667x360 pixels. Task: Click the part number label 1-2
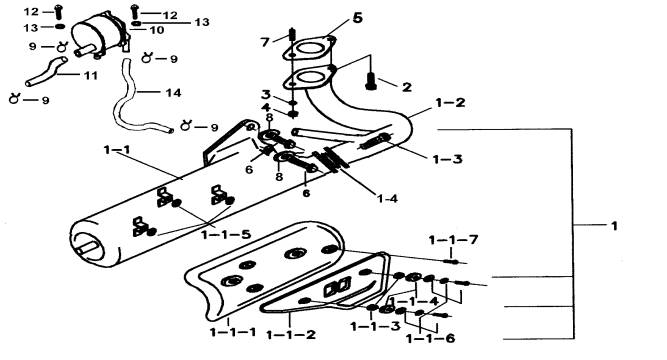point(450,103)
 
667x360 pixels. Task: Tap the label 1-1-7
point(453,240)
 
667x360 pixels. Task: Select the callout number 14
point(173,92)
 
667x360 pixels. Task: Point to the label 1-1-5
point(226,234)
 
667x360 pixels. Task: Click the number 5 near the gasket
point(357,18)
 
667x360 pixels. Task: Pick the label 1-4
point(387,198)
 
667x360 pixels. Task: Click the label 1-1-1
point(233,331)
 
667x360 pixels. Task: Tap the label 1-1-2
point(291,334)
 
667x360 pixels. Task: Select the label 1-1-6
point(430,339)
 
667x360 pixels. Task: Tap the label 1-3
point(448,159)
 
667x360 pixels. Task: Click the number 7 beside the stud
point(265,42)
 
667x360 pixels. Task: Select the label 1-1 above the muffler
point(117,150)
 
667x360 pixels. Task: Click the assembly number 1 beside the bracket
point(614,226)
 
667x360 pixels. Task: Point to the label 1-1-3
point(375,326)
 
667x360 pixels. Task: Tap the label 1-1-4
point(414,301)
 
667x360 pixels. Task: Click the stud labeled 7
point(292,34)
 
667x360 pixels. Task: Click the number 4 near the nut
point(265,107)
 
